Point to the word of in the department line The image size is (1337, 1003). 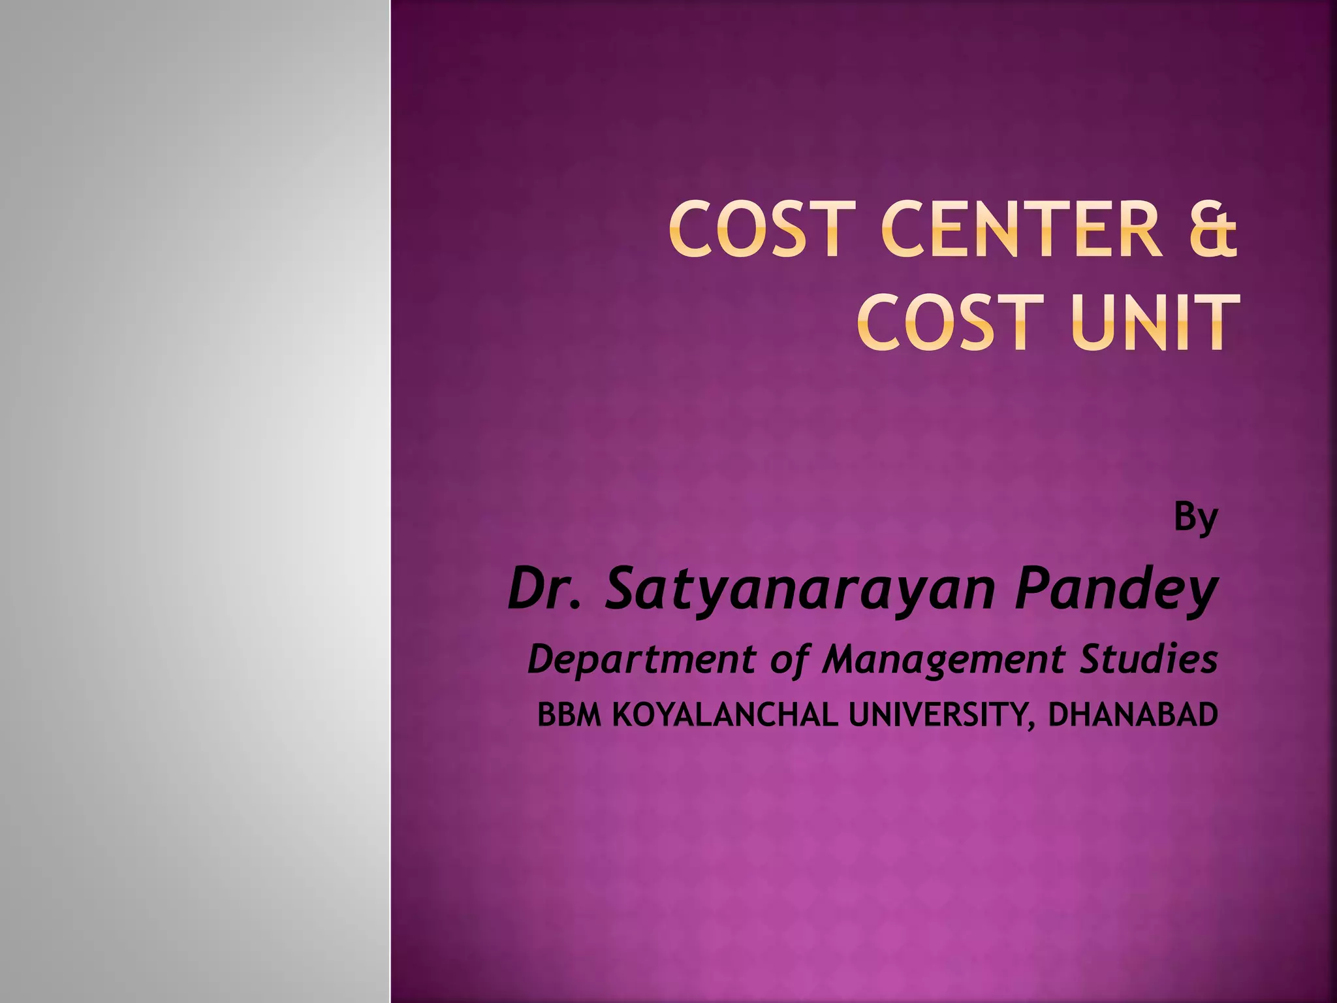coord(789,659)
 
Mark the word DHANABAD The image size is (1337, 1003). coord(1133,715)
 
